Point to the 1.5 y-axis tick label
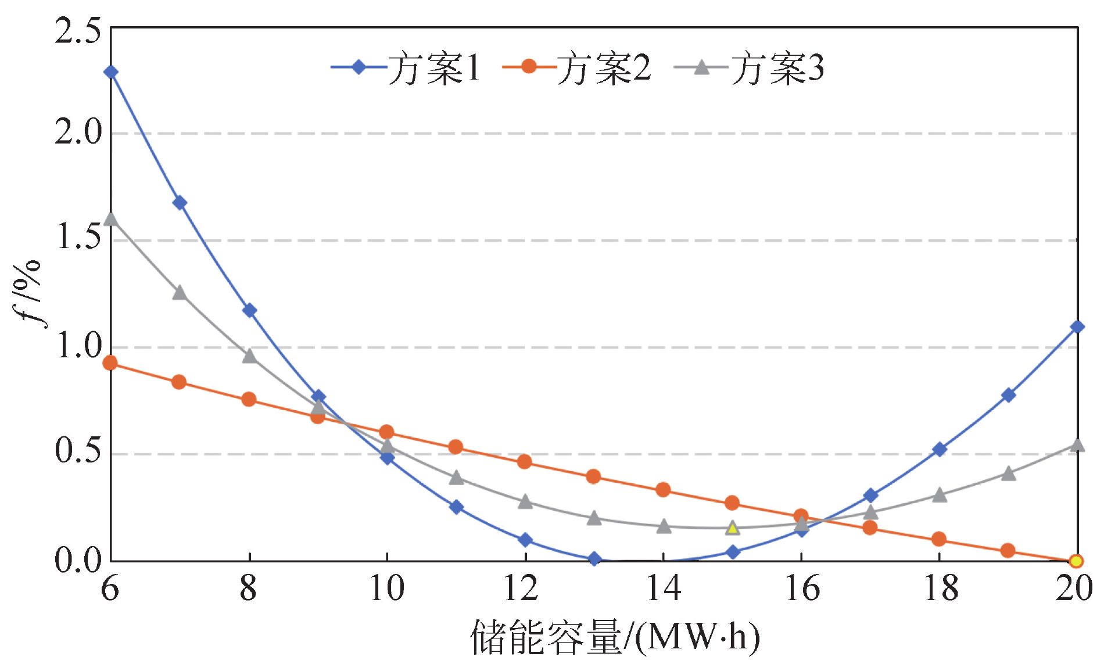click(78, 238)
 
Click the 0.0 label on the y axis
click(78, 561)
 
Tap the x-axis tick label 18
click(940, 588)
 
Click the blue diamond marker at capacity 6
click(110, 72)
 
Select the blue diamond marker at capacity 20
click(1077, 327)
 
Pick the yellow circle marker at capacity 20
click(1076, 561)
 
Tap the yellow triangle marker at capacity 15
click(733, 528)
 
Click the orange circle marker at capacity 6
click(110, 363)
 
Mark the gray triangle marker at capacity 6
click(110, 219)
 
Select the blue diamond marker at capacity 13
click(594, 559)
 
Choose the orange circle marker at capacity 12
click(524, 461)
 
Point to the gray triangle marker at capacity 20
click(1077, 445)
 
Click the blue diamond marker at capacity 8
click(249, 310)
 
